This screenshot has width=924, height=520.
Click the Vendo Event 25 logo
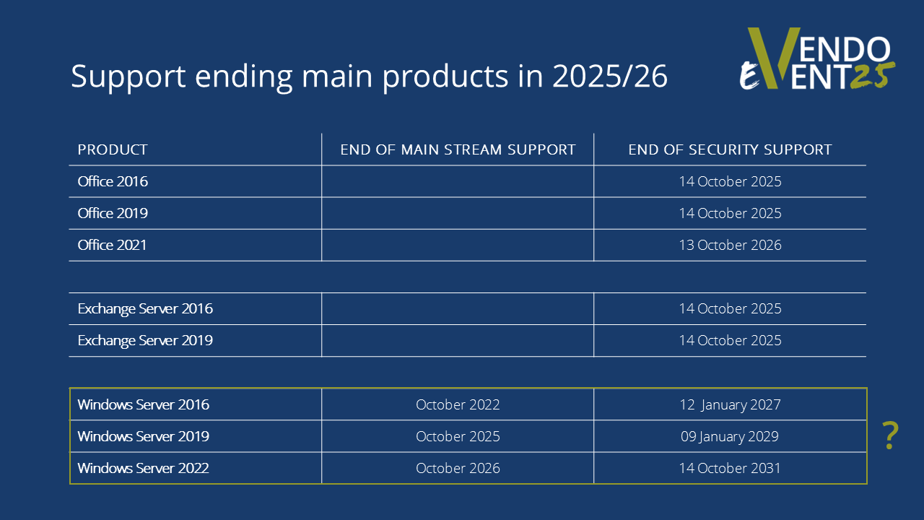[x=816, y=58]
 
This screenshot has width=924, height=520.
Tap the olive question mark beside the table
[x=890, y=435]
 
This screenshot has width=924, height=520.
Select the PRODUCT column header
[x=112, y=149]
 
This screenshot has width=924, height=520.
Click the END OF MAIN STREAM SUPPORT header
[x=458, y=149]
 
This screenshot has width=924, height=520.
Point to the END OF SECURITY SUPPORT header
[x=730, y=149]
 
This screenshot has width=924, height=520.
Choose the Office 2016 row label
[x=113, y=181]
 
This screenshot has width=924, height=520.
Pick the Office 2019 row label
[x=113, y=213]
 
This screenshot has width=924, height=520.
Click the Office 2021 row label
[x=112, y=245]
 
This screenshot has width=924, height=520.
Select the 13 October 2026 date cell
[x=730, y=245]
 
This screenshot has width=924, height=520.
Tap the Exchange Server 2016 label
[x=145, y=308]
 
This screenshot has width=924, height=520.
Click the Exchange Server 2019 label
[x=145, y=340]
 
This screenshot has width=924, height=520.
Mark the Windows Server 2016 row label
[x=143, y=404]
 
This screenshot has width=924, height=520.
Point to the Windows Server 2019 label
[x=143, y=436]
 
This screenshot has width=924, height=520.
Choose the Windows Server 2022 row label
[x=143, y=468]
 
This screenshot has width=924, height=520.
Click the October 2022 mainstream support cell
[x=458, y=404]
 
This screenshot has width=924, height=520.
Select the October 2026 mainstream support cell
[x=458, y=468]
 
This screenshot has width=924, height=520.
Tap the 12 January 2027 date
[x=730, y=405]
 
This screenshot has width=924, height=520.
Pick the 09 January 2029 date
[x=730, y=437]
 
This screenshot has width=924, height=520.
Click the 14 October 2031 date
[x=730, y=468]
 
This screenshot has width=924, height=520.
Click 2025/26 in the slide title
[x=610, y=76]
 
